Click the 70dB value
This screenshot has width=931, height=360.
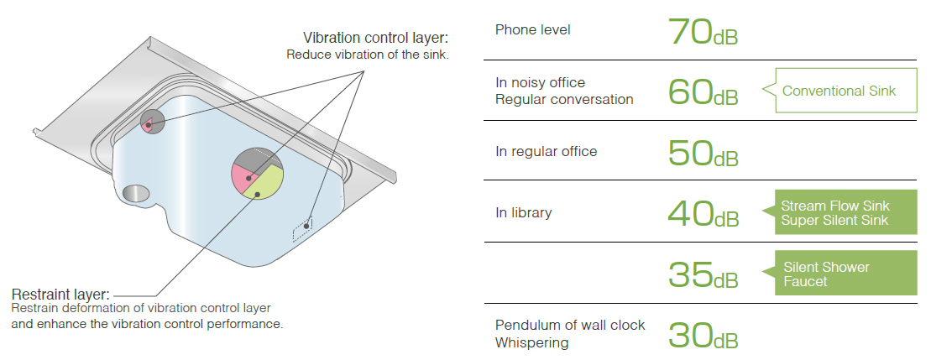[703, 31]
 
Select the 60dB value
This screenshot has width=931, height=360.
[703, 91]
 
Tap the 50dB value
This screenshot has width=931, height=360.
[703, 152]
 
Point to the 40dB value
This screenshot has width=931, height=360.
[703, 213]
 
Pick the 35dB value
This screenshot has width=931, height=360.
[703, 274]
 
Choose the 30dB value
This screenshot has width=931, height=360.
[703, 334]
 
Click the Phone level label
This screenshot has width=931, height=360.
[533, 30]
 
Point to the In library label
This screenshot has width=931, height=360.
[523, 212]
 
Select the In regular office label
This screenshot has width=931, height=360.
[546, 152]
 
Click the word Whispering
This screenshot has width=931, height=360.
[531, 342]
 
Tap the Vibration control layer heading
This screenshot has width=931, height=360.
[376, 38]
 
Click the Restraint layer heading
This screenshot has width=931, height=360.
[60, 295]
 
